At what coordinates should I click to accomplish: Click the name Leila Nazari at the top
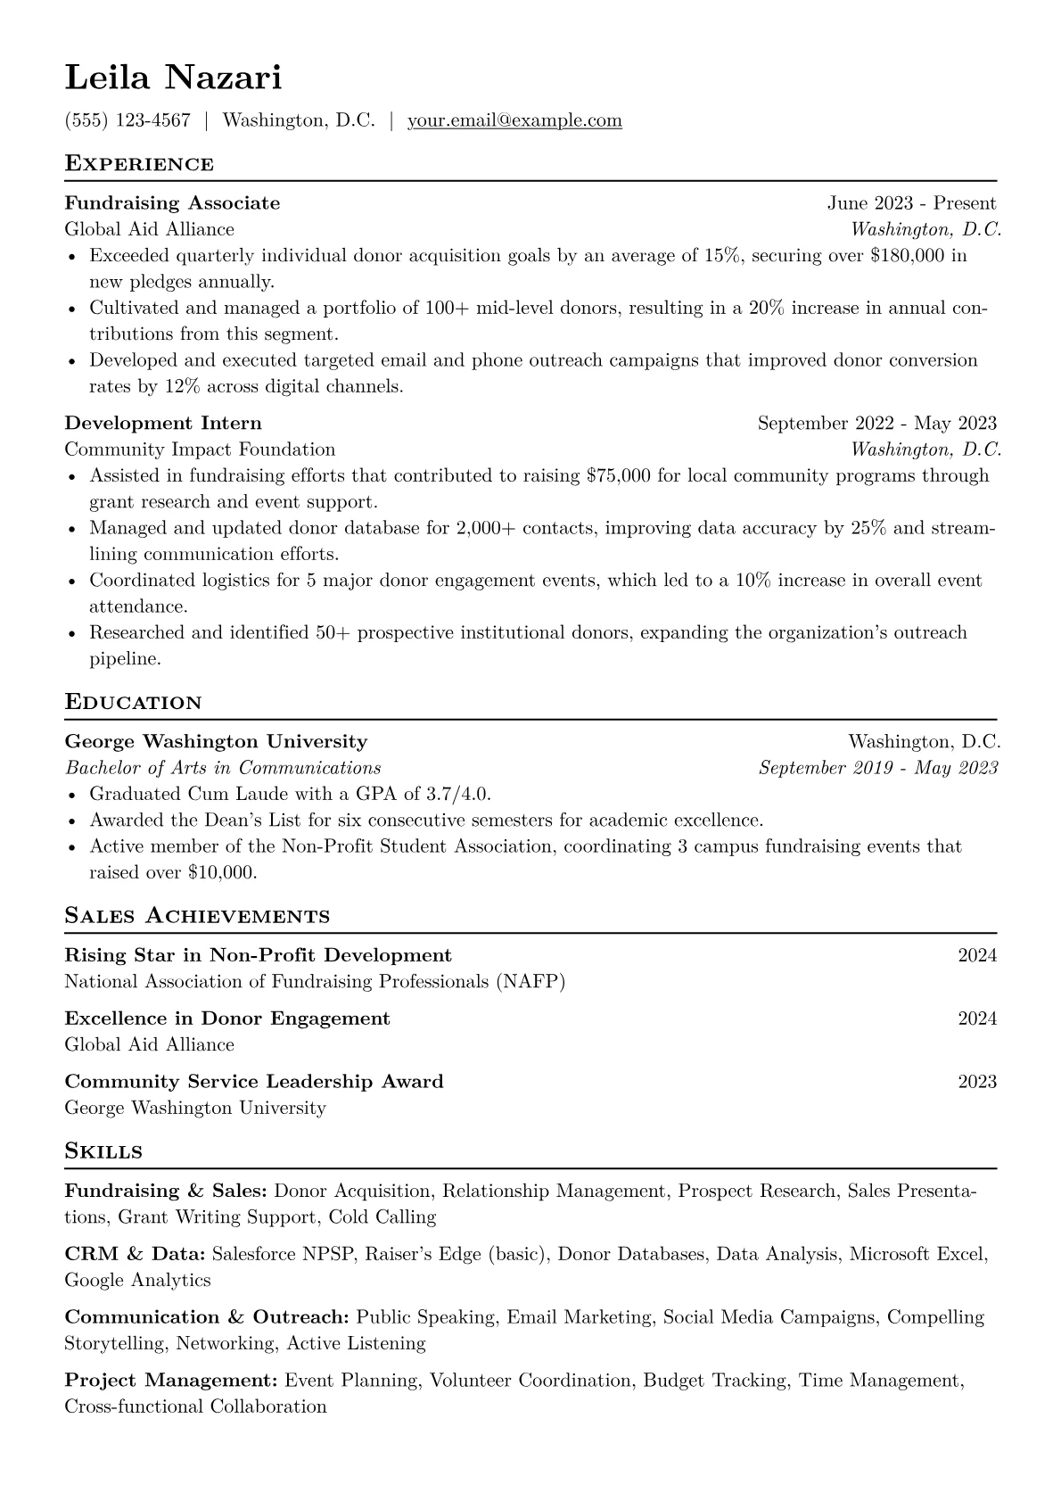(173, 78)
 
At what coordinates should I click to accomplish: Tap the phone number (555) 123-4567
(127, 120)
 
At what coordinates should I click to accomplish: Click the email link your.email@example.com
(514, 120)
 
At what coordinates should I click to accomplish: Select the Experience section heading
(139, 164)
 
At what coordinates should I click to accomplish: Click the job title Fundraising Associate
(172, 203)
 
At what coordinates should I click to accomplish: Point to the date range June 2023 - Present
(911, 203)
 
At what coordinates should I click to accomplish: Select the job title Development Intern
(163, 423)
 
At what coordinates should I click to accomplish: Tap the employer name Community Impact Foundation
(200, 449)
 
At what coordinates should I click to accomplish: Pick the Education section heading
(134, 703)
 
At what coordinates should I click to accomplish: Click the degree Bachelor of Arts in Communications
(223, 768)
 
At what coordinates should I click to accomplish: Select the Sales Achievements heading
(197, 916)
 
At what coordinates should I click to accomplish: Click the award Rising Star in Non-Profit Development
(258, 956)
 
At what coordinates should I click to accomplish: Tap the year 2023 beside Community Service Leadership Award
(976, 1082)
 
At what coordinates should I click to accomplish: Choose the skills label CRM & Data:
(136, 1254)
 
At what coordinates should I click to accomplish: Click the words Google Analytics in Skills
(137, 1281)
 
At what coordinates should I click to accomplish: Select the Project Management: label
(171, 1381)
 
